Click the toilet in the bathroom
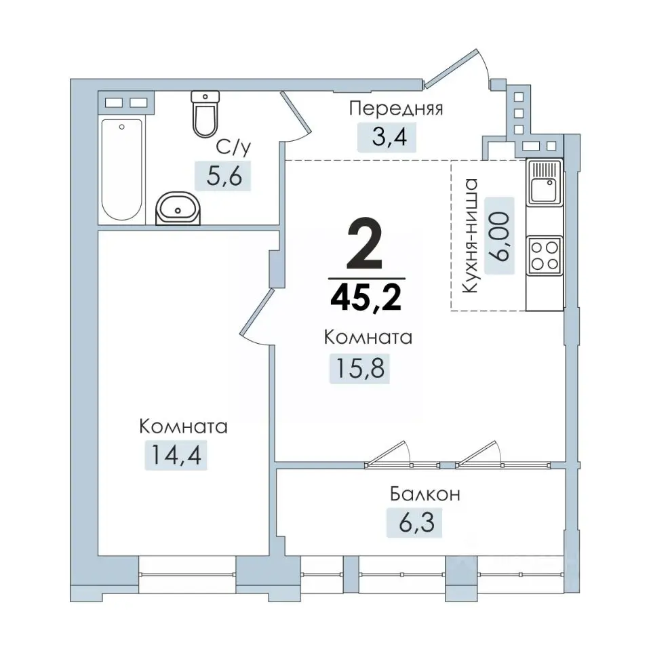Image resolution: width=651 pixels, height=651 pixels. [205, 114]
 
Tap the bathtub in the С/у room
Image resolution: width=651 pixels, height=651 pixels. [121, 170]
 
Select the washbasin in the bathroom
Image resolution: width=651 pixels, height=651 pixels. [178, 208]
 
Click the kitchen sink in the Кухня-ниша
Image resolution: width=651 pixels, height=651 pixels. [545, 182]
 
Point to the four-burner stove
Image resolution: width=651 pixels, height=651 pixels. [545, 256]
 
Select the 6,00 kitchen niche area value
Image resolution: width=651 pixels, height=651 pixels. [500, 236]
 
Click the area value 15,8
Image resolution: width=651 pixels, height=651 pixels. [359, 368]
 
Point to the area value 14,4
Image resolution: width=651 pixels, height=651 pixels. [176, 454]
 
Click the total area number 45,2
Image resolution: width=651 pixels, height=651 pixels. [366, 298]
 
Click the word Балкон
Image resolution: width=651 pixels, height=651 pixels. [425, 494]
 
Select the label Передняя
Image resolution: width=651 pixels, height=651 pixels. [396, 108]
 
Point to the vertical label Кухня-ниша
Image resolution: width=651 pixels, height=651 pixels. [471, 236]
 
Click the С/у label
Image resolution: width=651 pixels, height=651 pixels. [233, 147]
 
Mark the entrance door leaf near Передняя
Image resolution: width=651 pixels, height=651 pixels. [451, 68]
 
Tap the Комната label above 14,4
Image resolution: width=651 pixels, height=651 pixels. [184, 427]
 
